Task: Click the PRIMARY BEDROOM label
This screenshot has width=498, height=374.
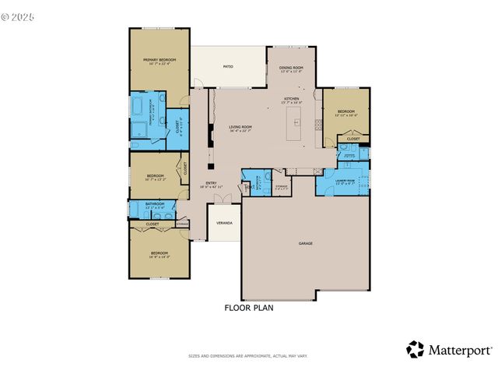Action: point(159,60)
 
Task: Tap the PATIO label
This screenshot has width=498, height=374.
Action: point(228,67)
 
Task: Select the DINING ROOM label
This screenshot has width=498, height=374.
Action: point(291,68)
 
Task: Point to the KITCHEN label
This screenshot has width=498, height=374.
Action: point(291,99)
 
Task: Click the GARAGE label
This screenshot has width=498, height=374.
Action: point(306,243)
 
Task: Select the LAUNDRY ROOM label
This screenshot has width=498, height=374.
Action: point(345,181)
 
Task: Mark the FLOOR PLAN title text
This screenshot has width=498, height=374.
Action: point(249,308)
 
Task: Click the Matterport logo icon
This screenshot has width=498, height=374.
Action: point(415,350)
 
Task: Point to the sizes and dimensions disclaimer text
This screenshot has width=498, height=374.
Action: point(248,356)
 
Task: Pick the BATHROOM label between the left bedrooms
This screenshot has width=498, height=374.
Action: point(155,204)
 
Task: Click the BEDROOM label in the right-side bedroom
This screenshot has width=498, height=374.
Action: point(345,111)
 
